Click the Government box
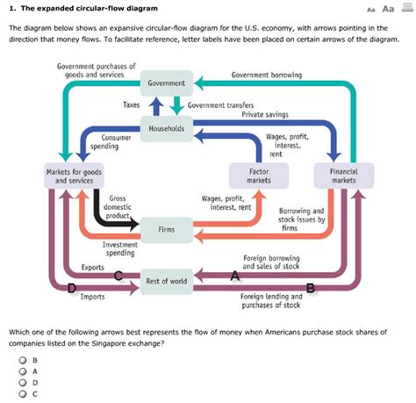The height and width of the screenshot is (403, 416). tap(167, 83)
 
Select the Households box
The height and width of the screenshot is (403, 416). tap(167, 128)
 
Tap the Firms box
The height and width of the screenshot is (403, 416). tap(166, 229)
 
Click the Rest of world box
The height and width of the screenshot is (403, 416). tap(166, 281)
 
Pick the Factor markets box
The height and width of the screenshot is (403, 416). tap(259, 176)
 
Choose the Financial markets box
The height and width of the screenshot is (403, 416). tap(343, 176)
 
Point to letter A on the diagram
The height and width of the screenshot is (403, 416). tap(234, 276)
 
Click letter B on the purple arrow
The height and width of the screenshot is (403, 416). tap(310, 288)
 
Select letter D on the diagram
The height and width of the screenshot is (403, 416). tap(72, 288)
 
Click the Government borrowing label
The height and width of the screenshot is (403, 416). tap(266, 75)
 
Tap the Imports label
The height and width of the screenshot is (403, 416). tap(92, 297)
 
